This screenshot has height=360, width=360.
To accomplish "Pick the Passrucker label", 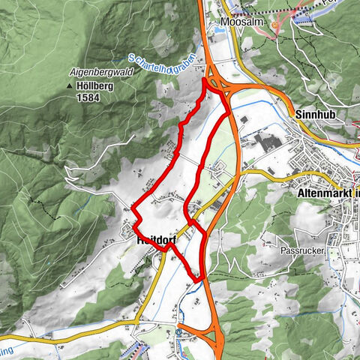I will [x=300, y=250].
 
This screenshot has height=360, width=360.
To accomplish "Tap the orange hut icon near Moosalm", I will [x=275, y=25].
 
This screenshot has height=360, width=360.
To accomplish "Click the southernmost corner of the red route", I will [x=199, y=280].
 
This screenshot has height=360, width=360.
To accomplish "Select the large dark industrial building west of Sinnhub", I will [x=265, y=142].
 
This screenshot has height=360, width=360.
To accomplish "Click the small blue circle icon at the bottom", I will [x=181, y=330].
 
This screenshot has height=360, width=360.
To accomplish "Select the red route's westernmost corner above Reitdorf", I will [x=133, y=207].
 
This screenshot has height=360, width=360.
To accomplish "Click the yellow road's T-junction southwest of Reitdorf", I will [x=138, y=319].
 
